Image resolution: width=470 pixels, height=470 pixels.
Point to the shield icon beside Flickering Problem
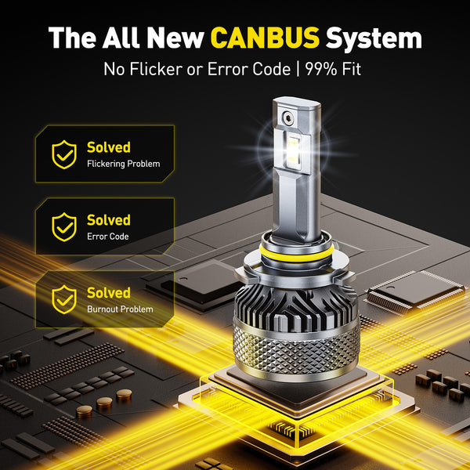coord(63,154)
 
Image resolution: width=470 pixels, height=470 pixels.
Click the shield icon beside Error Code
coord(63,227)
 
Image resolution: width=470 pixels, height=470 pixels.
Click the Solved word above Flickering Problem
coord(108,147)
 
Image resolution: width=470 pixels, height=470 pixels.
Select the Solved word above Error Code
coord(108,220)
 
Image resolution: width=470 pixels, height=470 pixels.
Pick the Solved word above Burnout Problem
coord(108,293)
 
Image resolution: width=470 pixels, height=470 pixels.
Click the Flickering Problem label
coord(123,164)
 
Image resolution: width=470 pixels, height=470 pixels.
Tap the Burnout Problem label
coord(120,309)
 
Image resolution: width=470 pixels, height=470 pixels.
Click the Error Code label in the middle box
coord(107,237)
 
